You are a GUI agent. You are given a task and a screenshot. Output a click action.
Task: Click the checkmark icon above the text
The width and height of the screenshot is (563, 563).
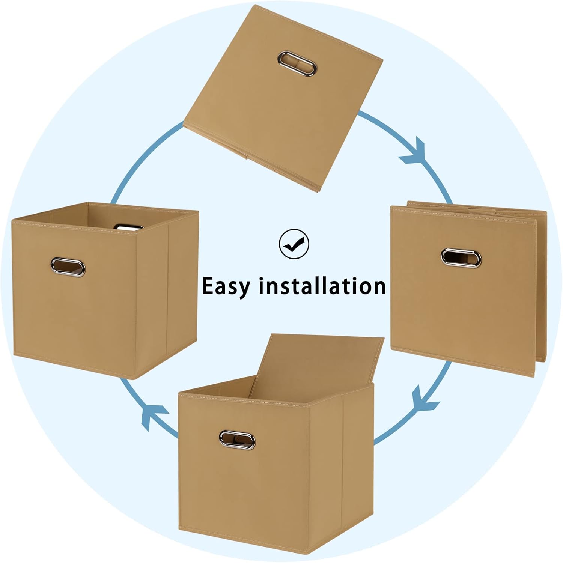pyautogui.click(x=294, y=244)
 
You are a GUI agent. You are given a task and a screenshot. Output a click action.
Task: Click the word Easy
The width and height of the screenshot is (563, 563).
pyautogui.click(x=226, y=287)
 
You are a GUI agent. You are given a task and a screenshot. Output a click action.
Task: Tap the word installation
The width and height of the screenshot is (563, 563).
pyautogui.click(x=322, y=286)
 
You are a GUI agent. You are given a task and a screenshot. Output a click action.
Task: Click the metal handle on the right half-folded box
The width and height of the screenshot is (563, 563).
pyautogui.click(x=461, y=258)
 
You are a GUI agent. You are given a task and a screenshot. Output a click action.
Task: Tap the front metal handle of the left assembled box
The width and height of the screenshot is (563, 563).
pyautogui.click(x=68, y=267)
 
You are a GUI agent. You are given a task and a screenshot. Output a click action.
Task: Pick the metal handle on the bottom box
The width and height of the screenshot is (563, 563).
pyautogui.click(x=237, y=440)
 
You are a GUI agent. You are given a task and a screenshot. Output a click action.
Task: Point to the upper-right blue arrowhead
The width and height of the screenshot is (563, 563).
pyautogui.click(x=415, y=153)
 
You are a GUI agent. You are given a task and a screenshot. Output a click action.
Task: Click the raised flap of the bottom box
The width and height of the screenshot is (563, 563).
pyautogui.click(x=319, y=364)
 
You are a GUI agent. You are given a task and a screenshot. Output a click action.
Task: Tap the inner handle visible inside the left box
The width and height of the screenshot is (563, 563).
pyautogui.click(x=129, y=227)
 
